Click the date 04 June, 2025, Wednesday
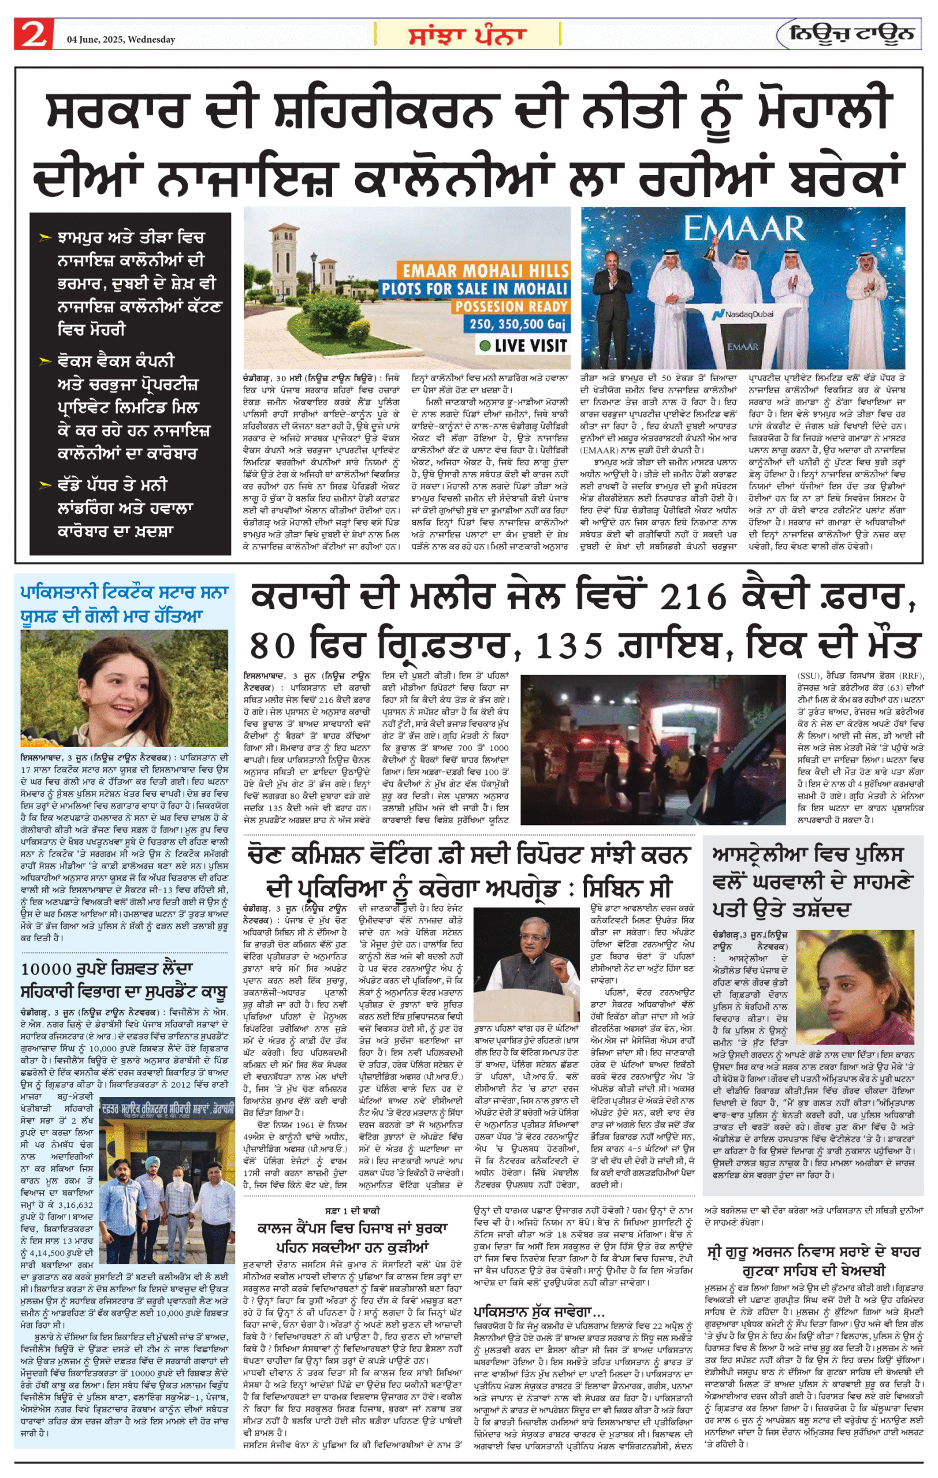pyautogui.click(x=121, y=40)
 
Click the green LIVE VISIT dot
pyautogui.click(x=485, y=346)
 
